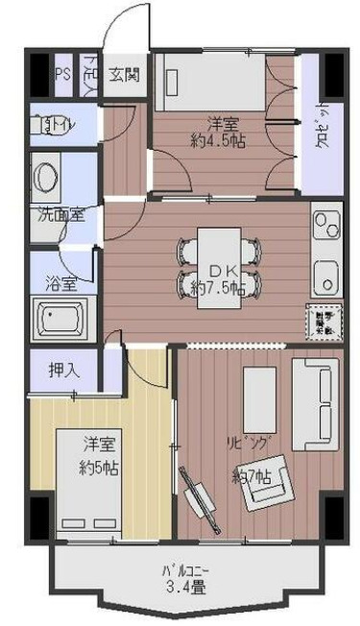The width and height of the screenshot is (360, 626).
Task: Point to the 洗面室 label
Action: pos(60,214)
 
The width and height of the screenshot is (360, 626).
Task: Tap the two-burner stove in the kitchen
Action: pos(326,229)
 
